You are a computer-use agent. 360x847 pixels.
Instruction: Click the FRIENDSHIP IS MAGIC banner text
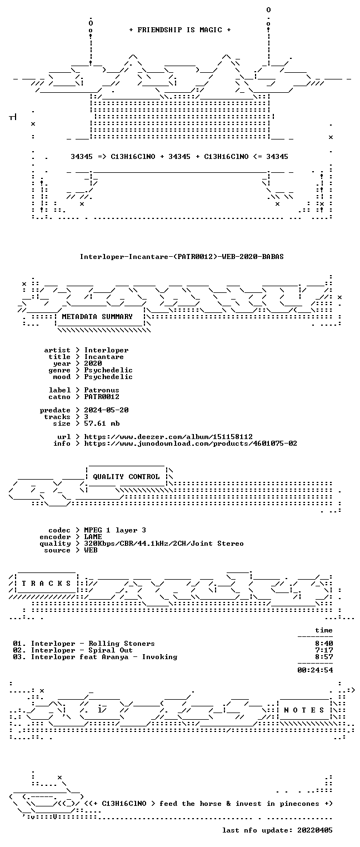click(180, 30)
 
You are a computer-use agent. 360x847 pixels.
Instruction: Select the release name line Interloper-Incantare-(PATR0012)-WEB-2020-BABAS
click(182, 257)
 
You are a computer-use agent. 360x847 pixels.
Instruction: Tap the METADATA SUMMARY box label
click(97, 316)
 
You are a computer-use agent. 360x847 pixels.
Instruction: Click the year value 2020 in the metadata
click(93, 363)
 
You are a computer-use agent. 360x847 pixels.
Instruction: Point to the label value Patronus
click(102, 390)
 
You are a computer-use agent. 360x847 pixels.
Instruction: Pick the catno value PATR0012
click(102, 397)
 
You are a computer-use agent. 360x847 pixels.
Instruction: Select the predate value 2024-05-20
click(106, 410)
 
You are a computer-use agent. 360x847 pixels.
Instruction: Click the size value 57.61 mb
click(102, 423)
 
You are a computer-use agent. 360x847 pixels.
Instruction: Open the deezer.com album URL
click(168, 437)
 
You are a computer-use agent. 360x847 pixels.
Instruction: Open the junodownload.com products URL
click(191, 444)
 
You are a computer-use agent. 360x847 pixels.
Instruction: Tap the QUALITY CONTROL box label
click(126, 477)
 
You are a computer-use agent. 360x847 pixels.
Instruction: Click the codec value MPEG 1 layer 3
click(115, 530)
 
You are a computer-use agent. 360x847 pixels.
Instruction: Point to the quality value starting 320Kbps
click(164, 544)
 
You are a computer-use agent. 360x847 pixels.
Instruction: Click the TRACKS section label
click(46, 584)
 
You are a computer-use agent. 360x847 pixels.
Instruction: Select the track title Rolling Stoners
click(122, 644)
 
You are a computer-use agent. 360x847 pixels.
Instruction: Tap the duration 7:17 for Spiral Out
click(324, 650)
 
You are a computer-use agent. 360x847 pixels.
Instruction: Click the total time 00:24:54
click(315, 670)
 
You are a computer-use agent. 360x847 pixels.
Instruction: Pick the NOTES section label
click(304, 710)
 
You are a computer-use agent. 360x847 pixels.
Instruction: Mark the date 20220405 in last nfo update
click(315, 830)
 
